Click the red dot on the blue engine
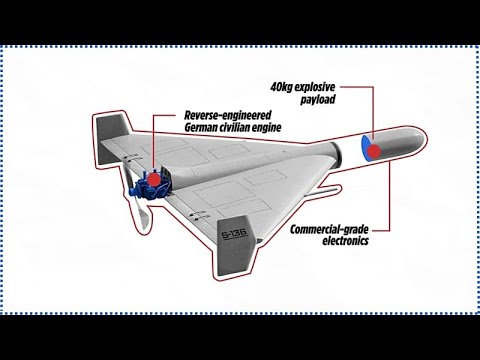click(x=154, y=179)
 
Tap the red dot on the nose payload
click(x=374, y=151)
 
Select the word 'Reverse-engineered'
click(x=228, y=115)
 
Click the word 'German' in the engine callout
click(x=200, y=128)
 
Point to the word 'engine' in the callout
click(x=265, y=128)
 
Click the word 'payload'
click(x=318, y=100)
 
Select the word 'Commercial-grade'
click(x=329, y=230)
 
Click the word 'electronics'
click(x=345, y=241)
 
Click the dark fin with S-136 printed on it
click(x=237, y=245)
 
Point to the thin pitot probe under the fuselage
click(x=323, y=192)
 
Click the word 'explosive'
click(x=315, y=88)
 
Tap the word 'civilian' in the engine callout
click(x=233, y=128)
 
